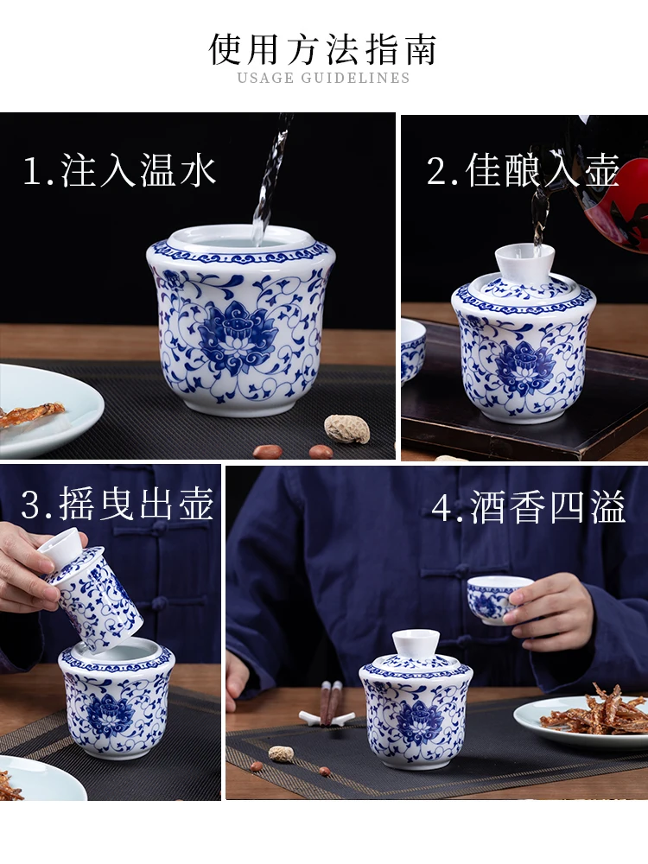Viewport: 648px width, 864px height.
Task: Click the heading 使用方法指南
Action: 323,49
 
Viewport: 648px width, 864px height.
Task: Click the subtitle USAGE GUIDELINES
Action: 323,78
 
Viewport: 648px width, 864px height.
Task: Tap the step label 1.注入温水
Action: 120,170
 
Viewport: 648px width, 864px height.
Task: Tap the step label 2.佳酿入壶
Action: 524,170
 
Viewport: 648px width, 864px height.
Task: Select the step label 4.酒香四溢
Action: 529,506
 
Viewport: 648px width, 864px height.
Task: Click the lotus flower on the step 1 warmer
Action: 238,336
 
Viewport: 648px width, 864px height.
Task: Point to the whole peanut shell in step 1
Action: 346,429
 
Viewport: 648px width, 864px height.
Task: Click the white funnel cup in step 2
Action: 524,264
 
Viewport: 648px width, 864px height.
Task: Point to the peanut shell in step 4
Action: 281,753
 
